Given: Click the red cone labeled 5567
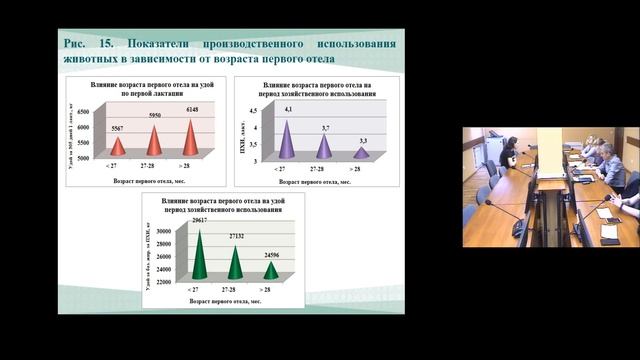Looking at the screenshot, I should click(118, 147).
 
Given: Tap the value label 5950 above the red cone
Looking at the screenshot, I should click(155, 116).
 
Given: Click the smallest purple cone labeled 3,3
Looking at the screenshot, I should click(361, 153).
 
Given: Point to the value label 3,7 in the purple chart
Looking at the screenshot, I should click(325, 129).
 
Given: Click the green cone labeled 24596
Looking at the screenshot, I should click(271, 271).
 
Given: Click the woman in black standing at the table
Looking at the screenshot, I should click(509, 158).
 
